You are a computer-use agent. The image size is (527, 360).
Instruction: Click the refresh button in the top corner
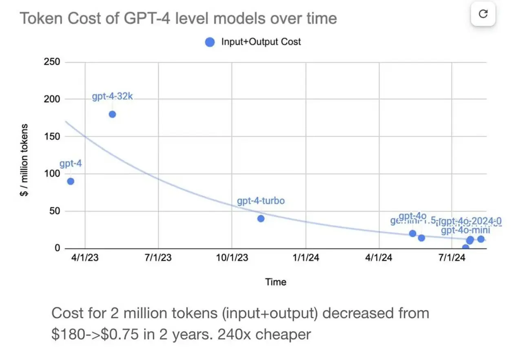tap(483, 14)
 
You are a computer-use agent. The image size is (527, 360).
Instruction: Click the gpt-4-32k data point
tap(112, 114)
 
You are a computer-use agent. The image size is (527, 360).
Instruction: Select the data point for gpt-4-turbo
tap(261, 219)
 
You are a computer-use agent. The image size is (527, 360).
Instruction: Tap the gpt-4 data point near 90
tap(71, 181)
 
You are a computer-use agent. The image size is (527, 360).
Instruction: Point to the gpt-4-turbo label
tap(260, 201)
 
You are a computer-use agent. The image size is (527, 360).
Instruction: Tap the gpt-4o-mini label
tap(466, 230)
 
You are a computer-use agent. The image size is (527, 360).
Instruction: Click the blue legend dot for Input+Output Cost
tap(210, 42)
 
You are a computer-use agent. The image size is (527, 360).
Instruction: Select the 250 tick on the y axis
tap(52, 62)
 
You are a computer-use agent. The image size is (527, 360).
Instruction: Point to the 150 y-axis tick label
tap(52, 137)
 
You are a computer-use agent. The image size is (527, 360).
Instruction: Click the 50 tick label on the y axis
tap(54, 211)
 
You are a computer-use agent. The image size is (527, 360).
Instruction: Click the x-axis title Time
tap(276, 282)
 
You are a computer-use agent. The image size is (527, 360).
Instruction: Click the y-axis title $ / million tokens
tap(24, 160)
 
